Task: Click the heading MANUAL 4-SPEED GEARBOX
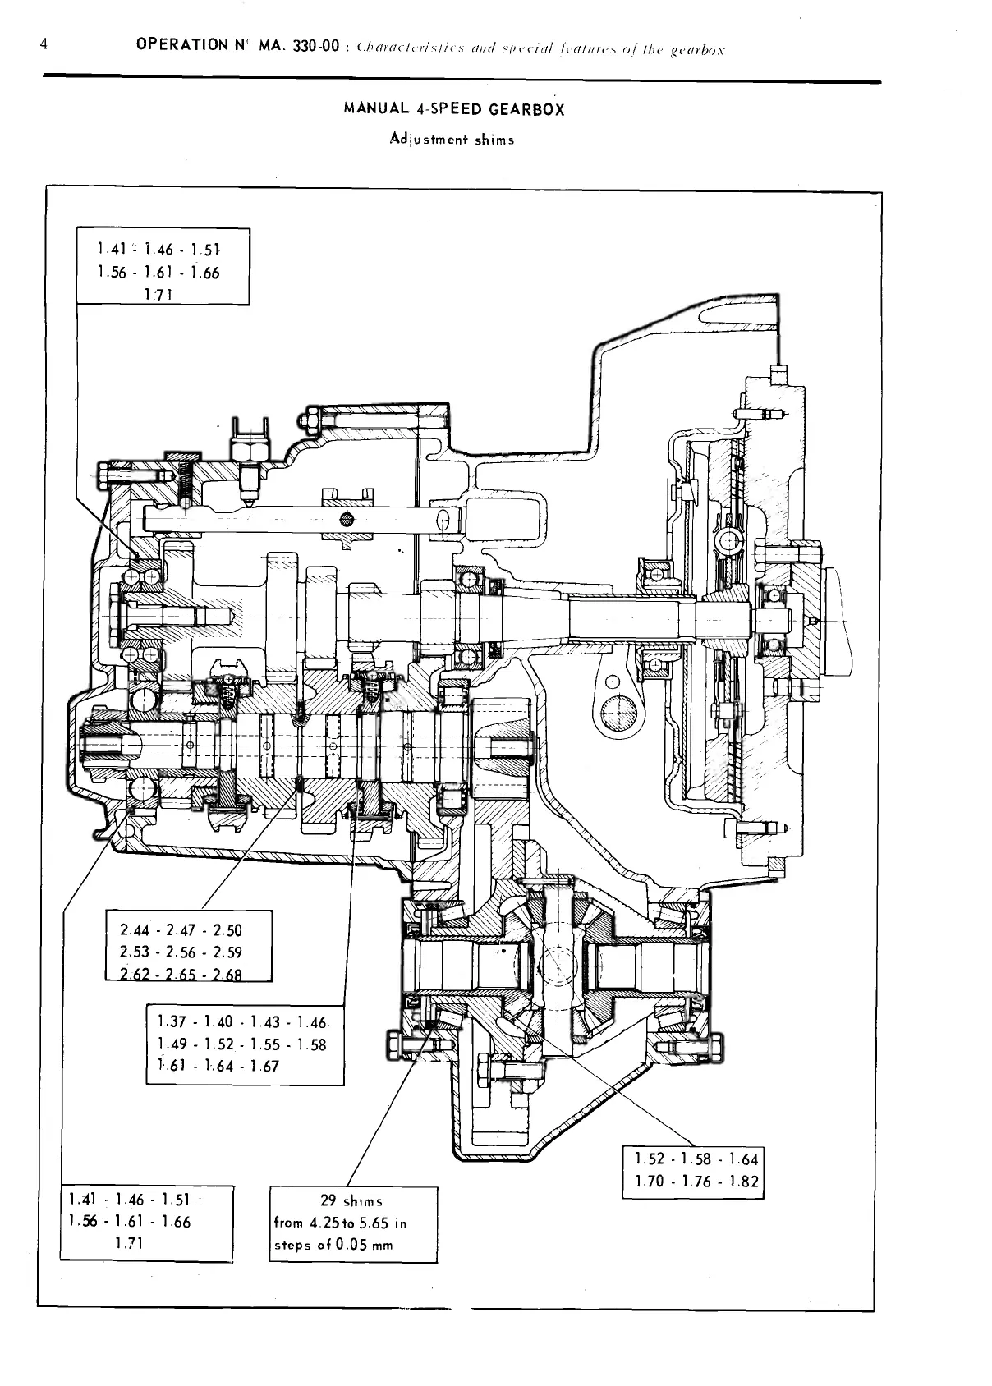click(454, 109)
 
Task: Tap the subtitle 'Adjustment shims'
click(452, 139)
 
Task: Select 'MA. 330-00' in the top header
click(298, 47)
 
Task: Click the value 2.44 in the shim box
click(134, 930)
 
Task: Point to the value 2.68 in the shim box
click(227, 975)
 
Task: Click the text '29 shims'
click(351, 1201)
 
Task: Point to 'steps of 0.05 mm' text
click(333, 1246)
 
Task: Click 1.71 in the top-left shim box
click(156, 296)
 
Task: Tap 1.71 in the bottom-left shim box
click(129, 1243)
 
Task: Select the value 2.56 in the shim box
click(181, 952)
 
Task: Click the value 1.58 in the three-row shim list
click(312, 1044)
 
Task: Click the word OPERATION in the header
click(180, 47)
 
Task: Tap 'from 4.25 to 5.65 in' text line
click(340, 1223)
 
